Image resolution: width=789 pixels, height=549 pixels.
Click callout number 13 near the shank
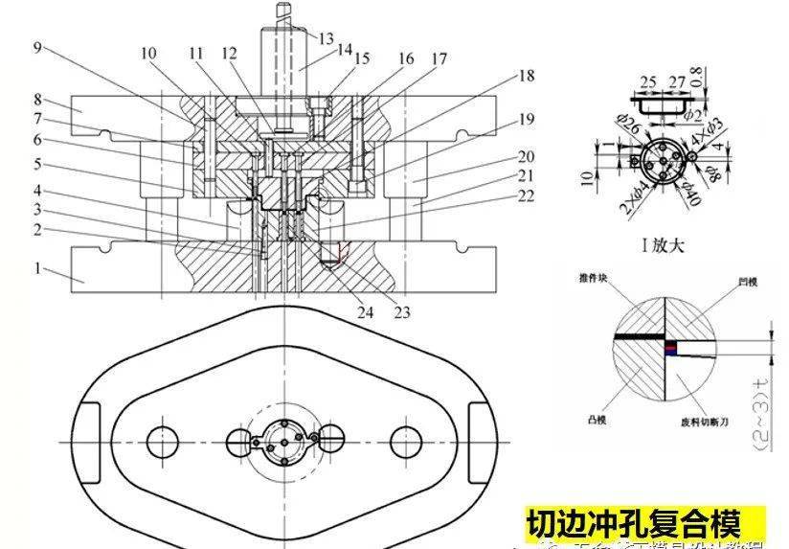(x=327, y=38)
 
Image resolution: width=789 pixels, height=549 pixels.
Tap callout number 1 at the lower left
(x=37, y=269)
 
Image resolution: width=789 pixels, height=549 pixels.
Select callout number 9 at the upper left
(x=35, y=46)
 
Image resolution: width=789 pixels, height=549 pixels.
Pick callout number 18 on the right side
(x=526, y=75)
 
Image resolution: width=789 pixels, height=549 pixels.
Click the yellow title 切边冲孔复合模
(x=633, y=524)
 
